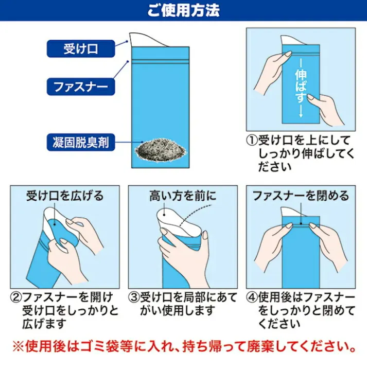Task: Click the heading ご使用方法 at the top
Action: (183, 10)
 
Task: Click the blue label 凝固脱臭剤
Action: (80, 142)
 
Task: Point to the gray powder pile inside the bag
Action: (160, 151)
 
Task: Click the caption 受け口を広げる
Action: (65, 196)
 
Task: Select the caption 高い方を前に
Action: (183, 196)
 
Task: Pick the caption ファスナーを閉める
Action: (301, 196)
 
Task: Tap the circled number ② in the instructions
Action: (16, 298)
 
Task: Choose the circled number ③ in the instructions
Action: (134, 298)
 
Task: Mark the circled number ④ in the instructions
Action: (252, 298)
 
